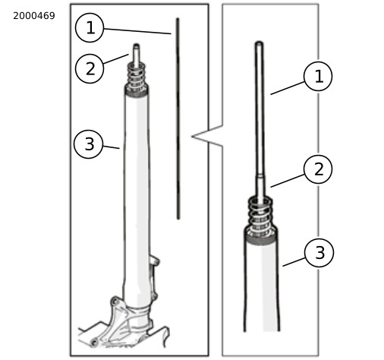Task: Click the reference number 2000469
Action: tap(34, 16)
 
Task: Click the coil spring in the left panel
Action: tap(136, 75)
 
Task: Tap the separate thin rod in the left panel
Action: tap(178, 118)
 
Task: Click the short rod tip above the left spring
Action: tap(136, 55)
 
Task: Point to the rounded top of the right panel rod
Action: tap(259, 43)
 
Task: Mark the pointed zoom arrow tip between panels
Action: tap(192, 137)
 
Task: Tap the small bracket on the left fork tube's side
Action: tap(154, 261)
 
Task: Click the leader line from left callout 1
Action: tap(137, 31)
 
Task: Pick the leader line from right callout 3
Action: tap(294, 262)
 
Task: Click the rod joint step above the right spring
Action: tap(260, 175)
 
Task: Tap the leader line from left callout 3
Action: tap(111, 147)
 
